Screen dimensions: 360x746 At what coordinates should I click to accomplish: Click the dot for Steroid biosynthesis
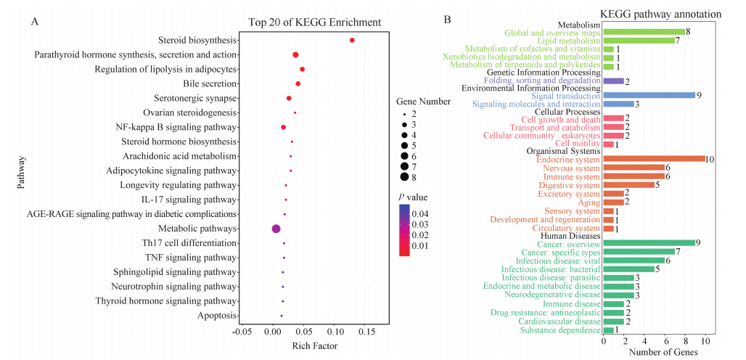(352, 41)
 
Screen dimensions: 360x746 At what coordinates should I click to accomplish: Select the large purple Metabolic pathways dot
(276, 229)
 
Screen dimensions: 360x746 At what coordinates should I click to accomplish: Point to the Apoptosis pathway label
(217, 316)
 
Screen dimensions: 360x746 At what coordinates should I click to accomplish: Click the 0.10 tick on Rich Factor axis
(334, 332)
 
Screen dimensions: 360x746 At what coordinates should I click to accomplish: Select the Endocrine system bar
(654, 159)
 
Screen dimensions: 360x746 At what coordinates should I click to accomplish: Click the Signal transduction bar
(649, 96)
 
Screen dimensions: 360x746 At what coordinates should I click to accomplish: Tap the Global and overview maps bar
(644, 32)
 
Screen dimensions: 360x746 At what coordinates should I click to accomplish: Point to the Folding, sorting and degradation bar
(613, 81)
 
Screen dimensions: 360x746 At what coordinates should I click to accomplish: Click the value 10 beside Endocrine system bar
(711, 159)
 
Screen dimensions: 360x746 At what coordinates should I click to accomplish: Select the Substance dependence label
(560, 330)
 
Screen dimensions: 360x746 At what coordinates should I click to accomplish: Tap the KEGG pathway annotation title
(660, 14)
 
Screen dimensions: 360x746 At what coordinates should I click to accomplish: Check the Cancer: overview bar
(649, 243)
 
